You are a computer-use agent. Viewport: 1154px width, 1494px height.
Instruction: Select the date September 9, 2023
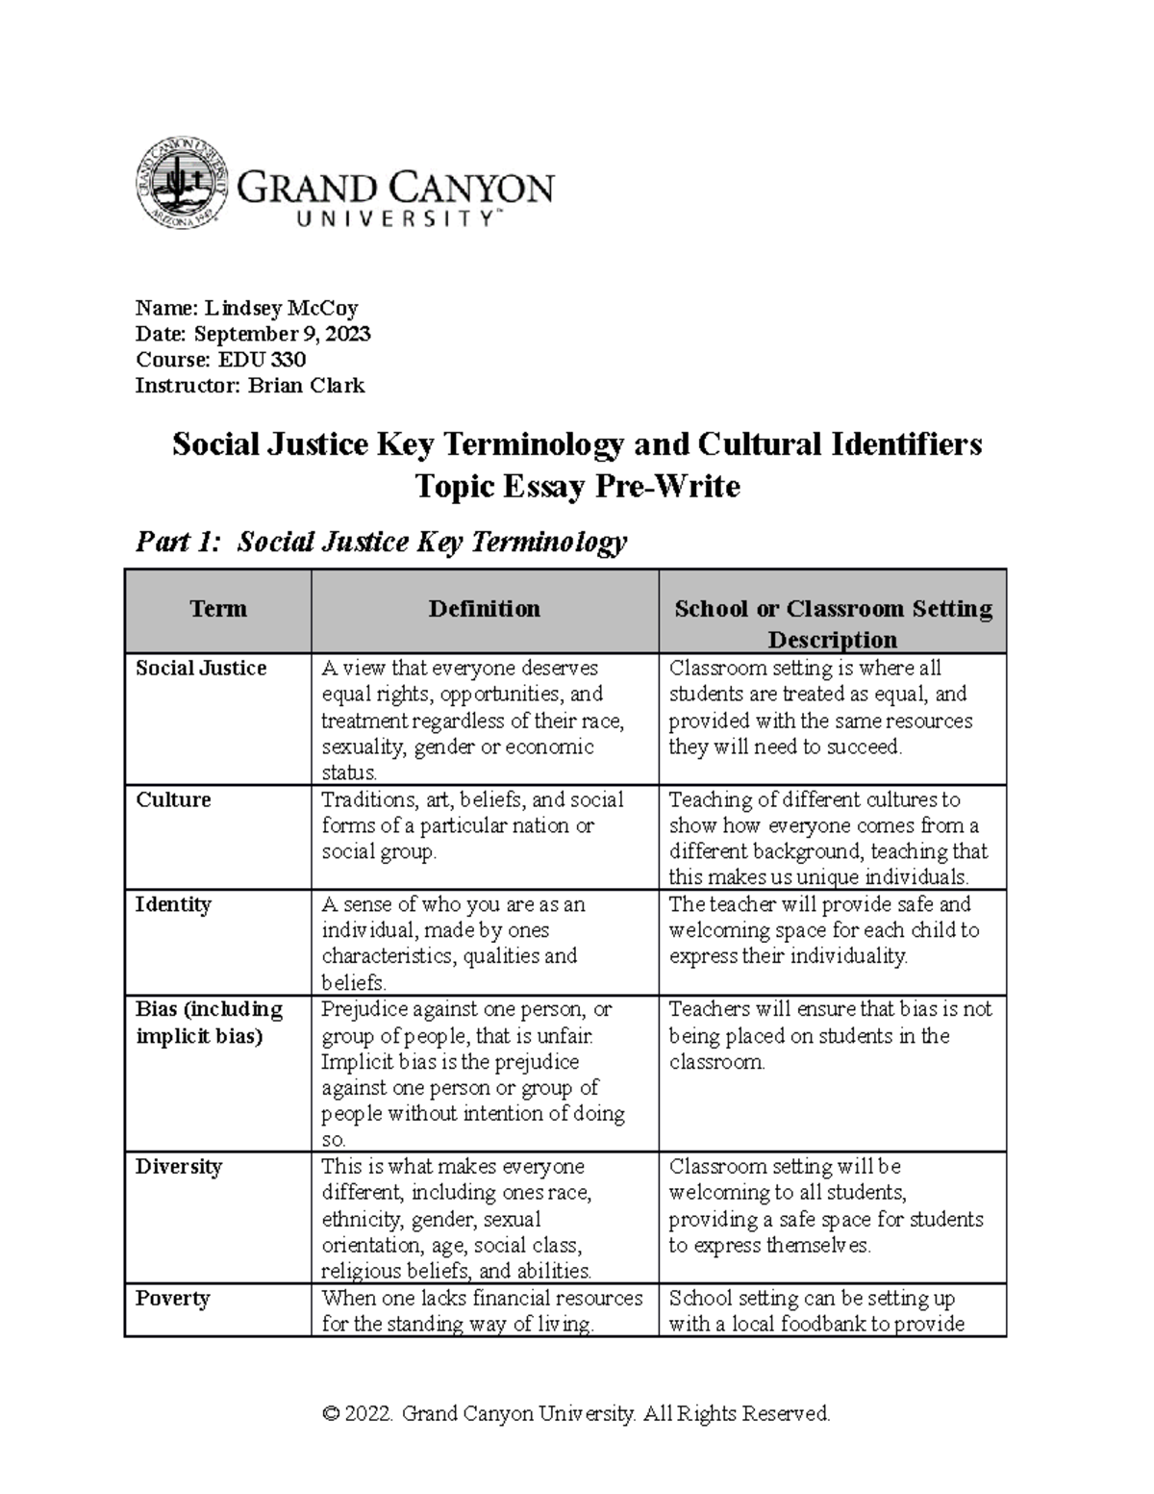(x=282, y=334)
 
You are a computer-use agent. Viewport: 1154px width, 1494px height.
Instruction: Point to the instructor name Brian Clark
(x=307, y=386)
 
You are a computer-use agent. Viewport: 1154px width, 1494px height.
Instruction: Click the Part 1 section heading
(x=381, y=543)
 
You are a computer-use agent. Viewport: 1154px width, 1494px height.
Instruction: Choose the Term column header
(x=218, y=609)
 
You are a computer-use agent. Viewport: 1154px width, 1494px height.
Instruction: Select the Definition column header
(x=484, y=609)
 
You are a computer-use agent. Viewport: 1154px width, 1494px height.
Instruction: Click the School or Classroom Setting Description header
(x=833, y=623)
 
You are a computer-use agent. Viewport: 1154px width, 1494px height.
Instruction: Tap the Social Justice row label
(x=201, y=669)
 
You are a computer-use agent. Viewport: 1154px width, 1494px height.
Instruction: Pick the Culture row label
(x=173, y=800)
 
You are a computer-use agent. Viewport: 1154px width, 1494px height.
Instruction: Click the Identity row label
(x=173, y=905)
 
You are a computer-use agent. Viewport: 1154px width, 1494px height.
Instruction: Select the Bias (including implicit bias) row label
(x=209, y=1023)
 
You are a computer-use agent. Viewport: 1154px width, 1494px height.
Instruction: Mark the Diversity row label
(x=179, y=1167)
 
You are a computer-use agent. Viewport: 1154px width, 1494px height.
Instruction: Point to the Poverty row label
(x=172, y=1299)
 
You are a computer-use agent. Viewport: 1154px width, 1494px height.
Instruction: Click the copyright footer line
(x=576, y=1413)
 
